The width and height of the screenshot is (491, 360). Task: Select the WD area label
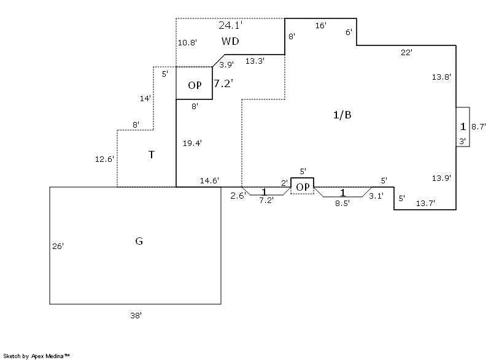230,41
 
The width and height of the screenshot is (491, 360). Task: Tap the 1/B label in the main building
342,115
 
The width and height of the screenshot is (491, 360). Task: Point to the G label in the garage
139,241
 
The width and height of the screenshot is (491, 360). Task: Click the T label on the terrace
152,155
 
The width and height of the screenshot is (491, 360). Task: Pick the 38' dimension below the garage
136,315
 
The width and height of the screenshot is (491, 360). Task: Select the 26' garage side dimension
58,246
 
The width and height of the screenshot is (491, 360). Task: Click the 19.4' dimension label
192,143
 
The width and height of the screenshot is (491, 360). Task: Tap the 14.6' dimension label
210,181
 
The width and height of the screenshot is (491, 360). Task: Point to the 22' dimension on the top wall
406,53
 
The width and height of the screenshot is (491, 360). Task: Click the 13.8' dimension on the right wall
441,77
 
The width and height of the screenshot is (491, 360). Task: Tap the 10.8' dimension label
187,43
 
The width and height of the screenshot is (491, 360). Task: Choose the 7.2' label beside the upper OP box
223,83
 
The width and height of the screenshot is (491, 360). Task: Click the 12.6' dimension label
104,159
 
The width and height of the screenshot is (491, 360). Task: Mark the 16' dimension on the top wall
320,26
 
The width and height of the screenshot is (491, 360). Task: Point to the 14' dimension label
146,98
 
